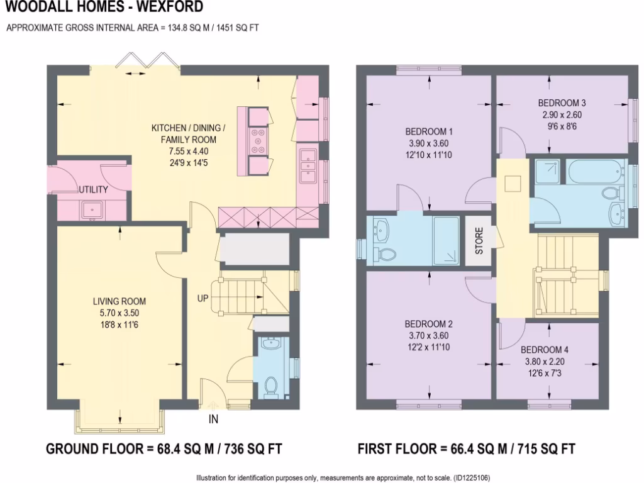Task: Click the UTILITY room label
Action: [93, 189]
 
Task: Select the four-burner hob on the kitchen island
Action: [258, 142]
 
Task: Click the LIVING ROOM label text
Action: [119, 301]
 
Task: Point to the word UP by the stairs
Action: [203, 297]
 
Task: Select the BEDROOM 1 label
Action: [429, 131]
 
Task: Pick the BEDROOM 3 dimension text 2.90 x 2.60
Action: [562, 115]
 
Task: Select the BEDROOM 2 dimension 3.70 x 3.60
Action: [429, 335]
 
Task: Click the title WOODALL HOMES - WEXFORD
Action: [104, 8]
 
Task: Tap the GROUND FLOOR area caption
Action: [164, 448]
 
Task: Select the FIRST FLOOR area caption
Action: [466, 448]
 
